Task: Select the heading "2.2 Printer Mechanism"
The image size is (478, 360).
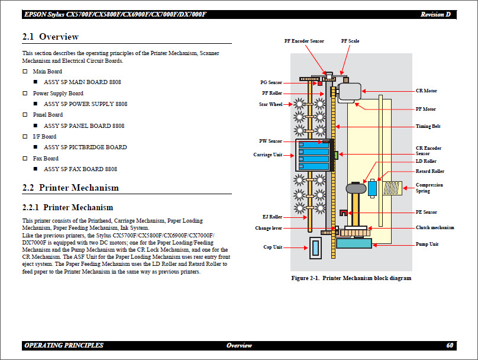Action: coord(70,188)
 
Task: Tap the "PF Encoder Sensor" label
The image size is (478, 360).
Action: coord(304,41)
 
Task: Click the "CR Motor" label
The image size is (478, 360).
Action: coord(426,91)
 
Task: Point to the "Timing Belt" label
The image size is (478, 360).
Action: coord(428,126)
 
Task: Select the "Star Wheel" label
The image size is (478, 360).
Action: coord(271,104)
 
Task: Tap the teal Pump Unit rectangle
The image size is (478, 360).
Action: coord(354,243)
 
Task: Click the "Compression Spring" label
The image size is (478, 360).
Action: coord(429,188)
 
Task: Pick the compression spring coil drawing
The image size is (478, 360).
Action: coord(393,188)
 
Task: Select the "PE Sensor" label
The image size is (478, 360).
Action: coord(426,212)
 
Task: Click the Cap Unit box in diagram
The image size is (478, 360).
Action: coord(314,249)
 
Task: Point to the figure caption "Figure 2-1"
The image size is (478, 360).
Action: coord(351,278)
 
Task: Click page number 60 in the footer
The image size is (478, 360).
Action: coord(450,345)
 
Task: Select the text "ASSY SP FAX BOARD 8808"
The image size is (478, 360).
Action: coord(84,169)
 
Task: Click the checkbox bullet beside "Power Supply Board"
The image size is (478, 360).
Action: coord(25,94)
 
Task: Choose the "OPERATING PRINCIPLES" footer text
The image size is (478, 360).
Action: coord(64,345)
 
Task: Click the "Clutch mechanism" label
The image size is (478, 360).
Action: coord(435,227)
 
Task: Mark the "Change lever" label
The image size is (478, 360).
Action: coord(269,228)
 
